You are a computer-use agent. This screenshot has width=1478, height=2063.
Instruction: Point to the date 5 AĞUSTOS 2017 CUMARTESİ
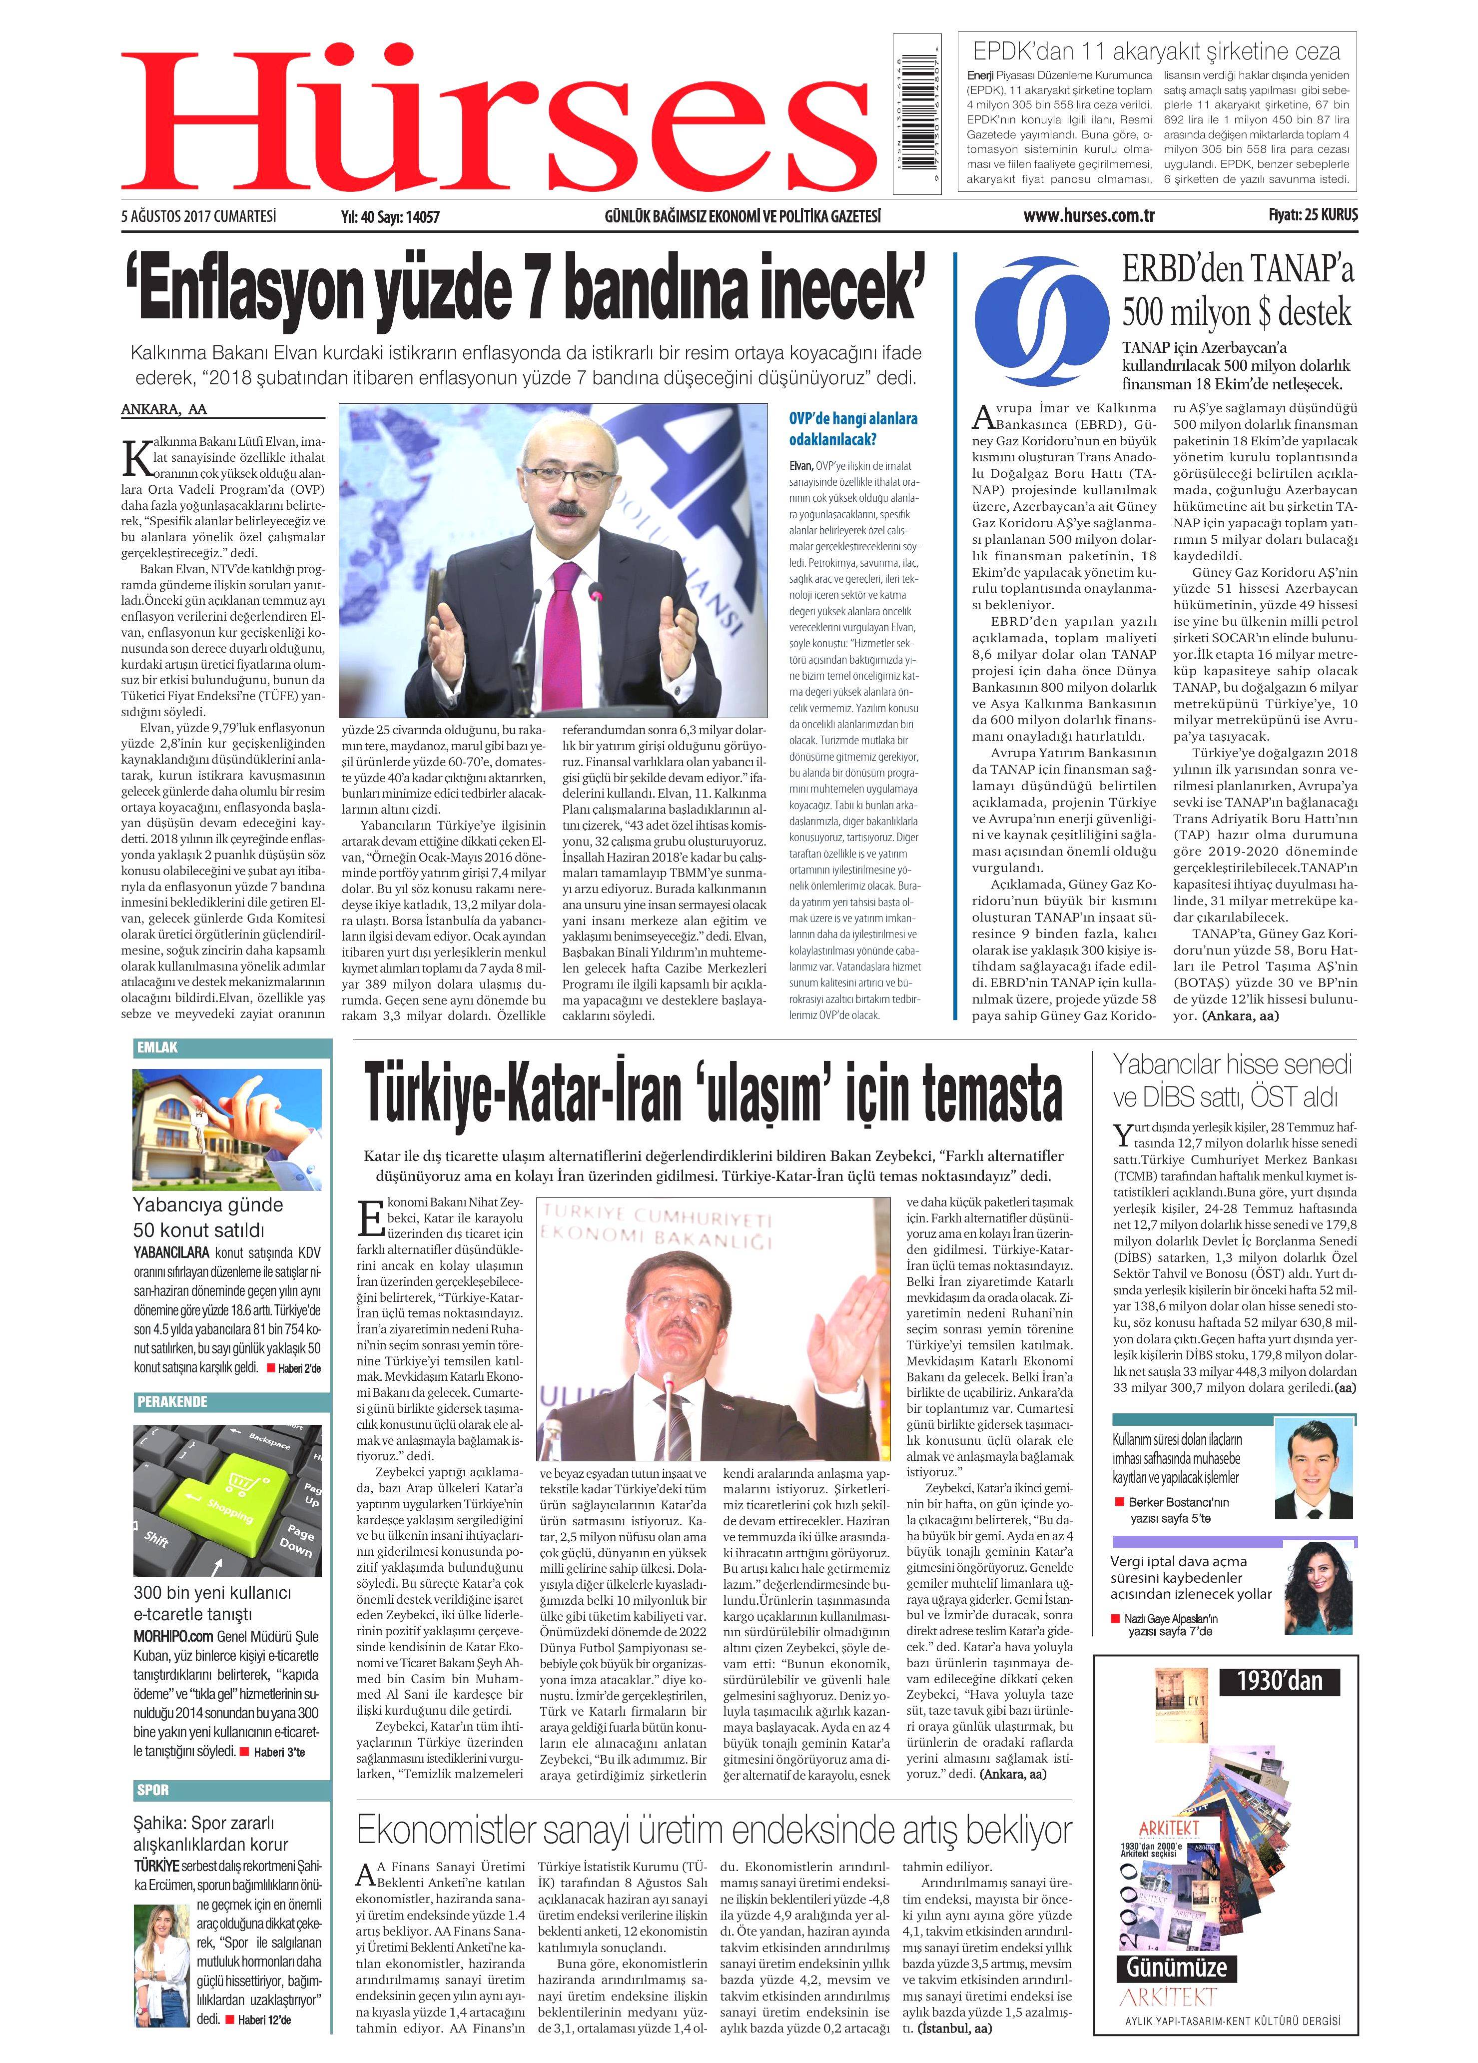(x=198, y=216)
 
